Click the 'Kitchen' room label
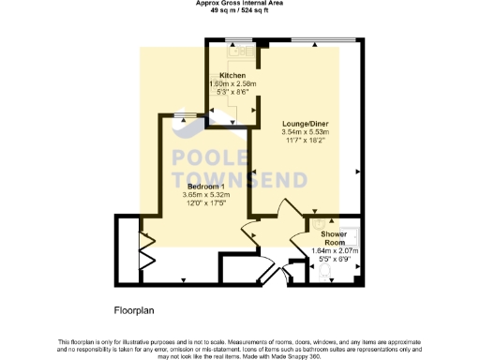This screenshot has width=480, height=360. pos(232,74)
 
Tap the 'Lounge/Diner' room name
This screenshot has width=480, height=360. pos(305,124)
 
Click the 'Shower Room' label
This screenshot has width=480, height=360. pos(334,237)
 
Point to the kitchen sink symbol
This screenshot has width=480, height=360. pos(216,45)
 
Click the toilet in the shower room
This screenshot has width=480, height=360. pos(323,273)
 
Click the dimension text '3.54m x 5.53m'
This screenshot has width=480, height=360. pos(306,132)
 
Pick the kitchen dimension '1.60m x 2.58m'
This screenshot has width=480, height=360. pos(232,82)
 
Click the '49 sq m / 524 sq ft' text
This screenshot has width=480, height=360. pos(241,12)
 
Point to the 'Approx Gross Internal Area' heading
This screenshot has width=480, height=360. pos(241,4)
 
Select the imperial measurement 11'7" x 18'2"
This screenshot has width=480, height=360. pos(306,141)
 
